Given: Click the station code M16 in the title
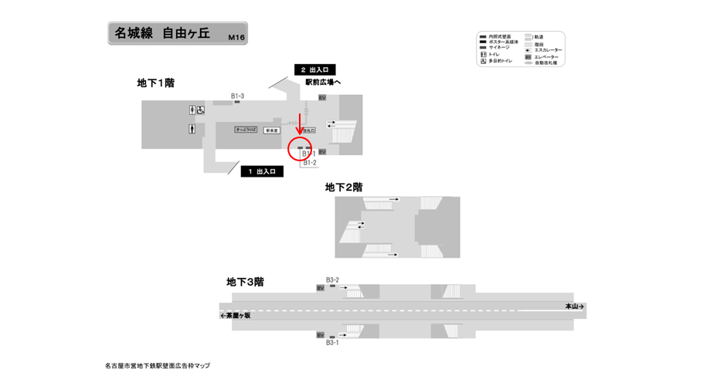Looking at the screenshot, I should (235, 36).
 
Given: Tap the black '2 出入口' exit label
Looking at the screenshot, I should (314, 70).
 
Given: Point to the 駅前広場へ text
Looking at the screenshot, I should (323, 82).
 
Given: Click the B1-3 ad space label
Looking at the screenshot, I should (237, 96).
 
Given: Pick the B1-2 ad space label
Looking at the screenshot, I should (309, 163).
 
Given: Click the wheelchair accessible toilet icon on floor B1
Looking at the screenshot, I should (201, 110).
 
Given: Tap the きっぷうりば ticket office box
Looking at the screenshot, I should (246, 130).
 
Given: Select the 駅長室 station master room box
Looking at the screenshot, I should (271, 130).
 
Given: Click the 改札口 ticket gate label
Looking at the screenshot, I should (308, 130).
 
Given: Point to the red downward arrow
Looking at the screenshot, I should (300, 124).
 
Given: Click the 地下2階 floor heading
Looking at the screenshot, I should (344, 187).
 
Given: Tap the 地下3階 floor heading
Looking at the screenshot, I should (245, 282).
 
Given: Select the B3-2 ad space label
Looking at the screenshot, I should (332, 279).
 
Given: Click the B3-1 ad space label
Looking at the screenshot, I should (332, 342).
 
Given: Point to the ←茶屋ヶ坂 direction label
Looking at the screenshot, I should (236, 315).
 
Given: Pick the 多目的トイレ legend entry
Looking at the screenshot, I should (501, 61).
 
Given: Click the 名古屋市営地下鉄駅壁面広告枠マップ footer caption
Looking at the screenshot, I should (158, 365).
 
